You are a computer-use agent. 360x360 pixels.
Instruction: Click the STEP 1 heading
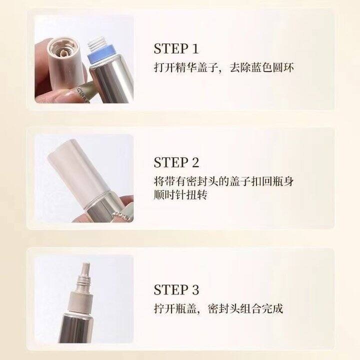tap(176, 48)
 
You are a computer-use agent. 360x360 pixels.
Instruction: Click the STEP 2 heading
tap(176, 162)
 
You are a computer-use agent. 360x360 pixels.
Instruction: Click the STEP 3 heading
tap(176, 289)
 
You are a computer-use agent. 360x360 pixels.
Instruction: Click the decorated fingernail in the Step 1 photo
tap(81, 93)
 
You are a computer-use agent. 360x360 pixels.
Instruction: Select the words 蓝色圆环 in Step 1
tap(272, 67)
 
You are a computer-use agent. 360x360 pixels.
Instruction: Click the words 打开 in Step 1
tap(164, 67)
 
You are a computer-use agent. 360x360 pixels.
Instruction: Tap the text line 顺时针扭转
tap(180, 195)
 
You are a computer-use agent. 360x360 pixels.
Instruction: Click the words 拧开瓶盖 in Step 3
tap(175, 308)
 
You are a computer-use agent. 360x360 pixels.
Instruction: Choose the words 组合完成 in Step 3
tap(261, 308)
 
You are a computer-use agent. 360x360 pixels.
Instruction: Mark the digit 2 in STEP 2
tap(194, 162)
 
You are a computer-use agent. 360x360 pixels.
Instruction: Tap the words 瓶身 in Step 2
tap(283, 181)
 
